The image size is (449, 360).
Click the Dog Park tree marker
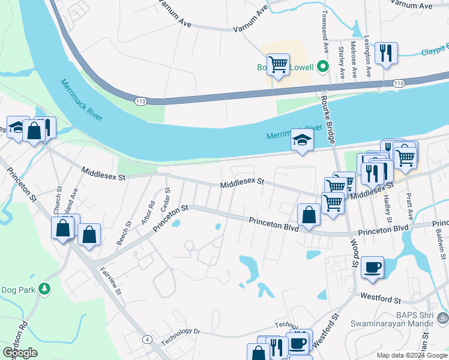click(x=44, y=289)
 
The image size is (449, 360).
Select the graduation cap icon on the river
click(x=302, y=142)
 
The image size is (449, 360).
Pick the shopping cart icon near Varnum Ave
click(x=278, y=64)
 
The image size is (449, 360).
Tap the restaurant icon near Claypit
click(x=386, y=53)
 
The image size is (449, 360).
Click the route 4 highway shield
click(x=147, y=340)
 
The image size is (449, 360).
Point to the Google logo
click(x=20, y=353)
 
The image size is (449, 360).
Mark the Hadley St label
click(x=387, y=208)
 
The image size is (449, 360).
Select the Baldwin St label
click(x=440, y=244)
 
